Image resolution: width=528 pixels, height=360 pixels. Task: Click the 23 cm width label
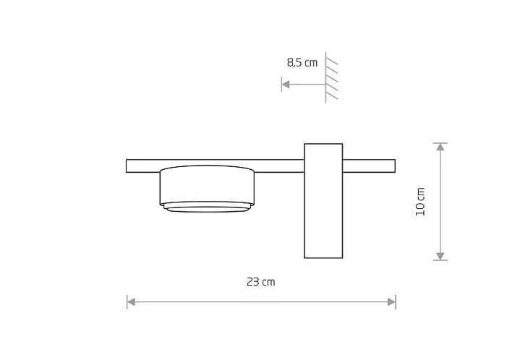260,282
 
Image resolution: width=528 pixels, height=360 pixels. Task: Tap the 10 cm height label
420,202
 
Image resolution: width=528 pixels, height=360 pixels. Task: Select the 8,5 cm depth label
302,63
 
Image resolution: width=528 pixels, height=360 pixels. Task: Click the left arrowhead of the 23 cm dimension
131,301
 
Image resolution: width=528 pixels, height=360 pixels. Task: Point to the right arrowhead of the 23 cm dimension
391,301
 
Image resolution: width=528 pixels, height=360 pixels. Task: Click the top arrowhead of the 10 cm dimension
440,147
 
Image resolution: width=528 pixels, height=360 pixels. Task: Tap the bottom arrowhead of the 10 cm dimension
440,256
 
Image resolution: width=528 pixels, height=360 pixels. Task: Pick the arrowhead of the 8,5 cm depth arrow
286,84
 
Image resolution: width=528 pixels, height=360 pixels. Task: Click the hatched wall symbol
331,77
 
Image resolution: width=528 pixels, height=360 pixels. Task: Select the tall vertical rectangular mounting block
323,201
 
